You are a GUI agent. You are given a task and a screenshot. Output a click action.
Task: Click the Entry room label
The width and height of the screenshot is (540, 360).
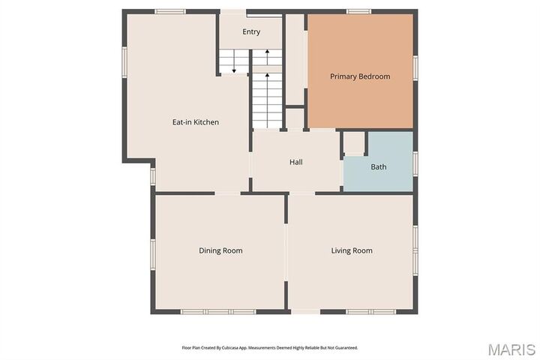point(251,31)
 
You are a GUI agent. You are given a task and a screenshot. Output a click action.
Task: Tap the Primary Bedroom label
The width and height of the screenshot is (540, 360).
point(360,76)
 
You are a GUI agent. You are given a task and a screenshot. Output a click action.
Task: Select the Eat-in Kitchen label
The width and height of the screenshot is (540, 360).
point(196,121)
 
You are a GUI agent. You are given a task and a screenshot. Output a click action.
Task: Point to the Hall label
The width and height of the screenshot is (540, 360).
point(296,162)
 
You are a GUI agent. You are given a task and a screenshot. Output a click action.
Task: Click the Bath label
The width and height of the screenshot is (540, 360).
point(379,166)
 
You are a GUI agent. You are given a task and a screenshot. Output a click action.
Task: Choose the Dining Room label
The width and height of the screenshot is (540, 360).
point(220,250)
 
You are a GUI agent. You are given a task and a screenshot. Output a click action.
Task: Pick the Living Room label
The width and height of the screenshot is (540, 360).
point(352,250)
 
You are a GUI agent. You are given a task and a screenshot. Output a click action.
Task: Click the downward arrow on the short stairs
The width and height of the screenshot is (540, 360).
point(234,67)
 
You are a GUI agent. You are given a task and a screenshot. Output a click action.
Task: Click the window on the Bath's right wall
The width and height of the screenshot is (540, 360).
point(415,163)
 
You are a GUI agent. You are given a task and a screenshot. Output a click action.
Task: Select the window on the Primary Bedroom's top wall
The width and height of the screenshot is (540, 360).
point(358,11)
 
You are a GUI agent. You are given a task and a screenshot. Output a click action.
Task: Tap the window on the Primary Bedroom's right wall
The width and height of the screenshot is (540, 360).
point(415,67)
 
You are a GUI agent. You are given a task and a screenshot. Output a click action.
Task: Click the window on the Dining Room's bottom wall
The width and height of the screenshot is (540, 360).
point(208,311)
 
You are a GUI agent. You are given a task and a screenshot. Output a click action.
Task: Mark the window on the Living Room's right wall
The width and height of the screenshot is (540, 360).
point(415,247)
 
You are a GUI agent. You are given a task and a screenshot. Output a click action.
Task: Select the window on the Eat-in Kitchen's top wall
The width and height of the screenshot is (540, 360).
point(170,11)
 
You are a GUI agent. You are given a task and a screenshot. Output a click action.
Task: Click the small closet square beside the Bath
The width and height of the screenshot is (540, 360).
point(354,143)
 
